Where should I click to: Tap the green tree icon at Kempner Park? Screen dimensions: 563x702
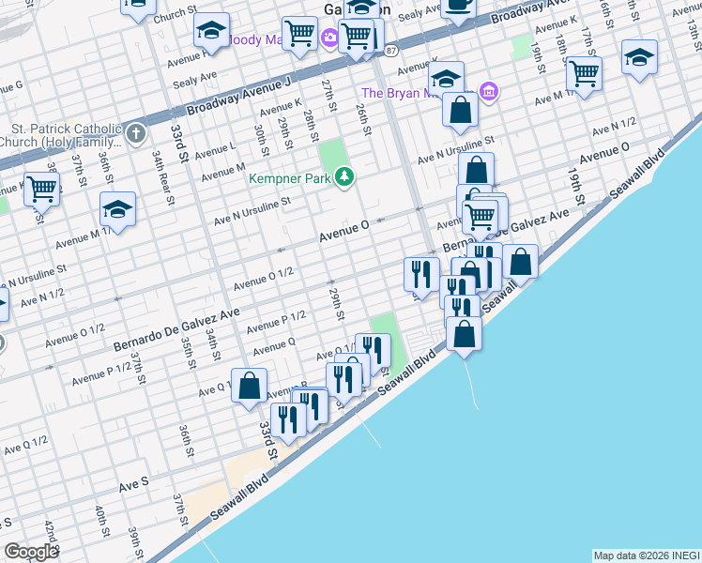tap(345, 176)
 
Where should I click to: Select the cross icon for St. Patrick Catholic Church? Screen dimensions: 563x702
tap(134, 132)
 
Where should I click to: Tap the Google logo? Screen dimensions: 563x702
tap(31, 552)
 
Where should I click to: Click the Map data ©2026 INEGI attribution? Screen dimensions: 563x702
tap(646, 555)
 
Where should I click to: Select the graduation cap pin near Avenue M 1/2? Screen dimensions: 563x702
tap(118, 208)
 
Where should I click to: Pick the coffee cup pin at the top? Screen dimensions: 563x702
tap(459, 6)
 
